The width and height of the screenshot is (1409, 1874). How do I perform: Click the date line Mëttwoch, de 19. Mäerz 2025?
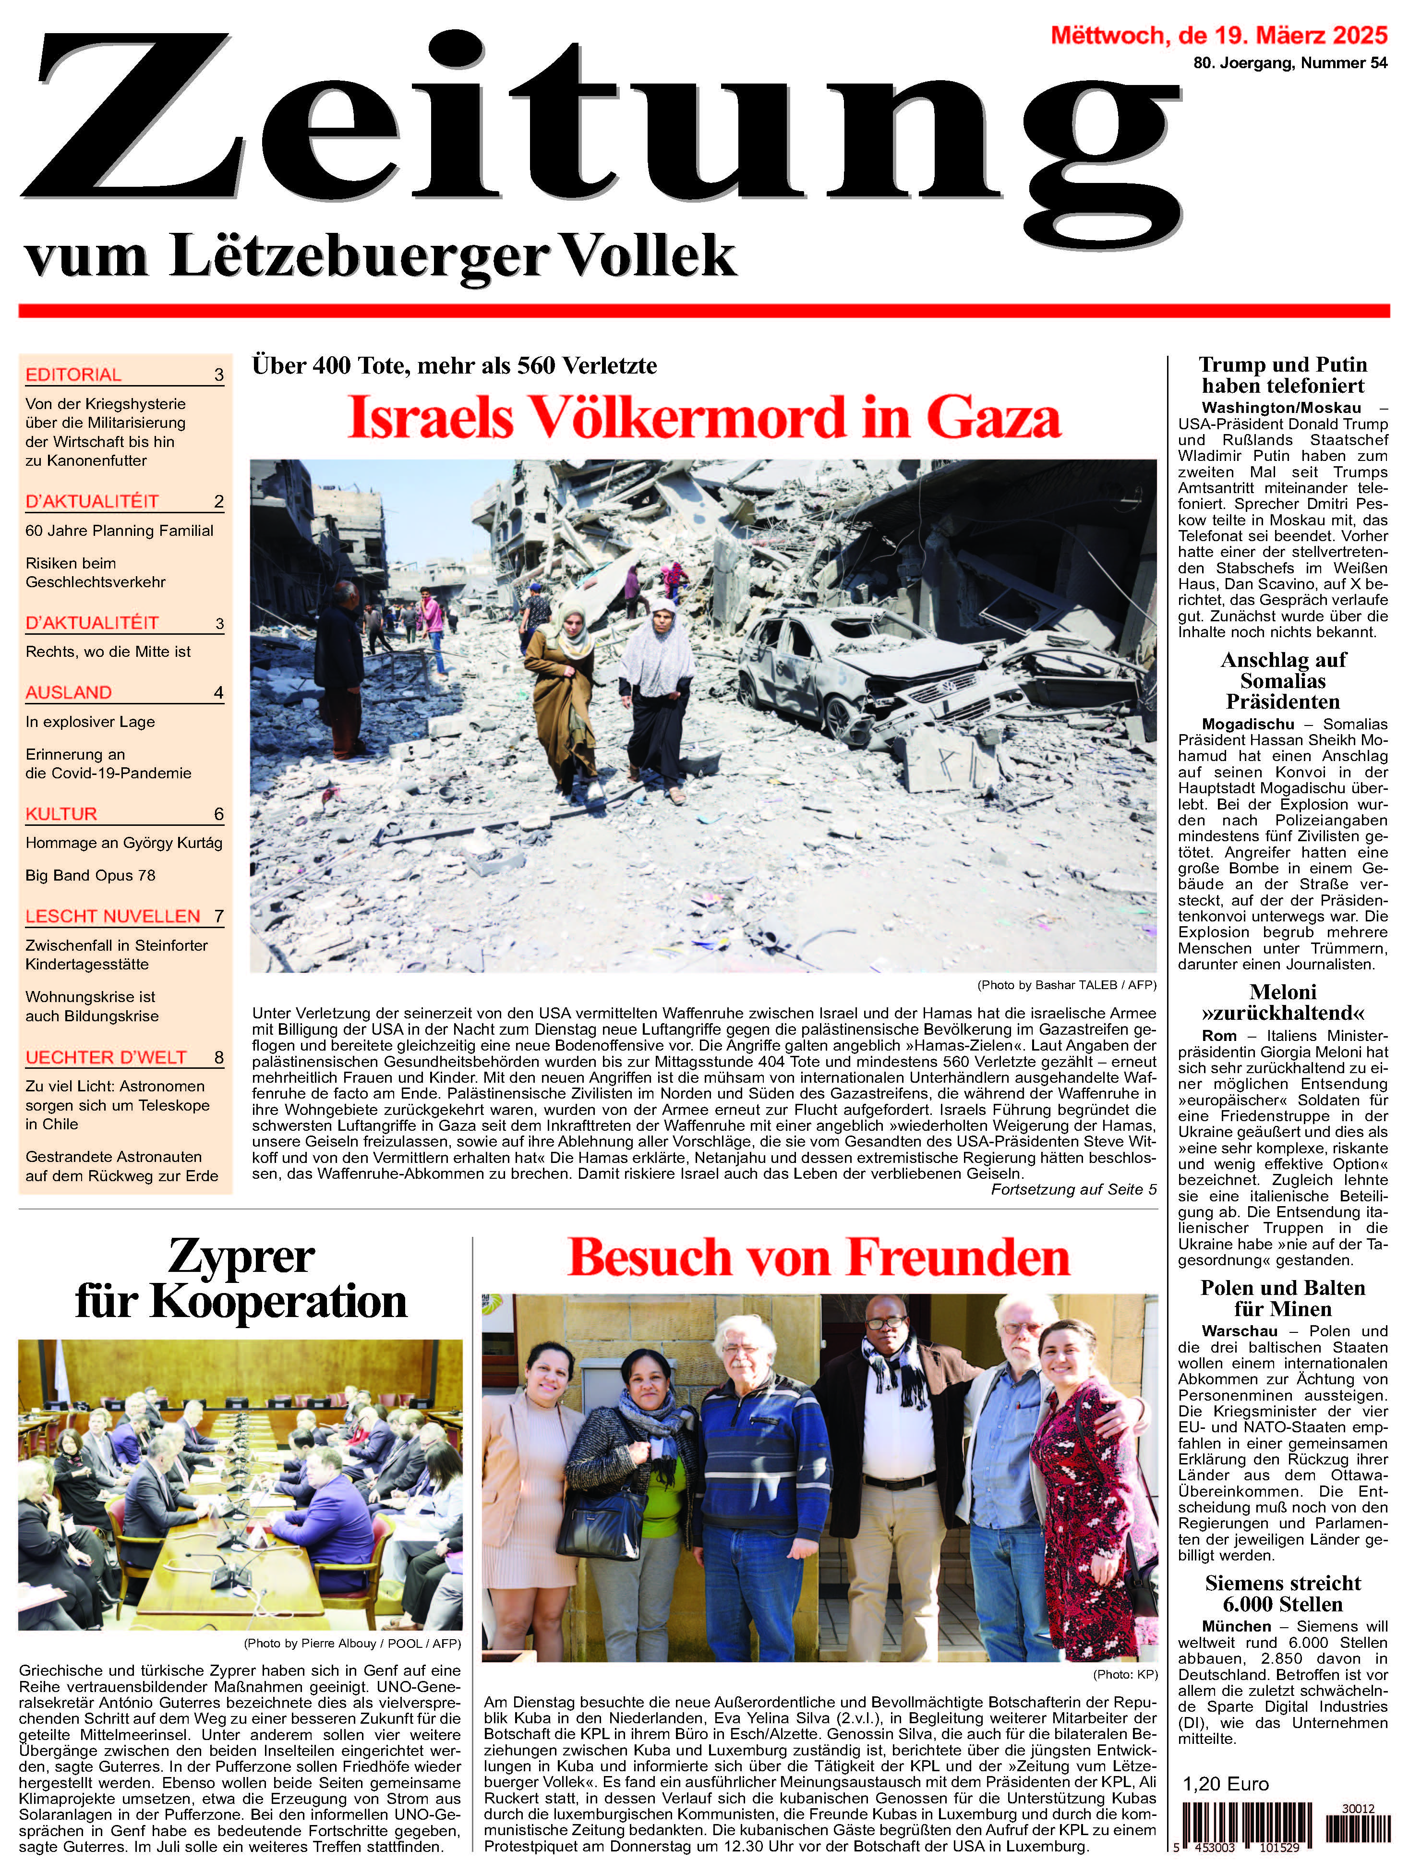[x=1219, y=36]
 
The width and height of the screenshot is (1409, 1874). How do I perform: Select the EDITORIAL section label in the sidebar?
[x=74, y=375]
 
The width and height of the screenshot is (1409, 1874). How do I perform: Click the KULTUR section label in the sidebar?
[x=61, y=813]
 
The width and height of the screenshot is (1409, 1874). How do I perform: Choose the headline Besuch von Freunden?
[x=819, y=1257]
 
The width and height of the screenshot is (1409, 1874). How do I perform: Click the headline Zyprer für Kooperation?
[x=241, y=1279]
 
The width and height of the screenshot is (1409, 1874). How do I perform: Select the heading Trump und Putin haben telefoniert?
[x=1283, y=375]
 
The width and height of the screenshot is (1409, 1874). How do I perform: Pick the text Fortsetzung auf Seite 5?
[x=1073, y=1189]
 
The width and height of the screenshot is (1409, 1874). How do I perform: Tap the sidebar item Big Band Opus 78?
[x=91, y=875]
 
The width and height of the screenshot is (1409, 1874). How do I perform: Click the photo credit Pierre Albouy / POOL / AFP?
[x=351, y=1644]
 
